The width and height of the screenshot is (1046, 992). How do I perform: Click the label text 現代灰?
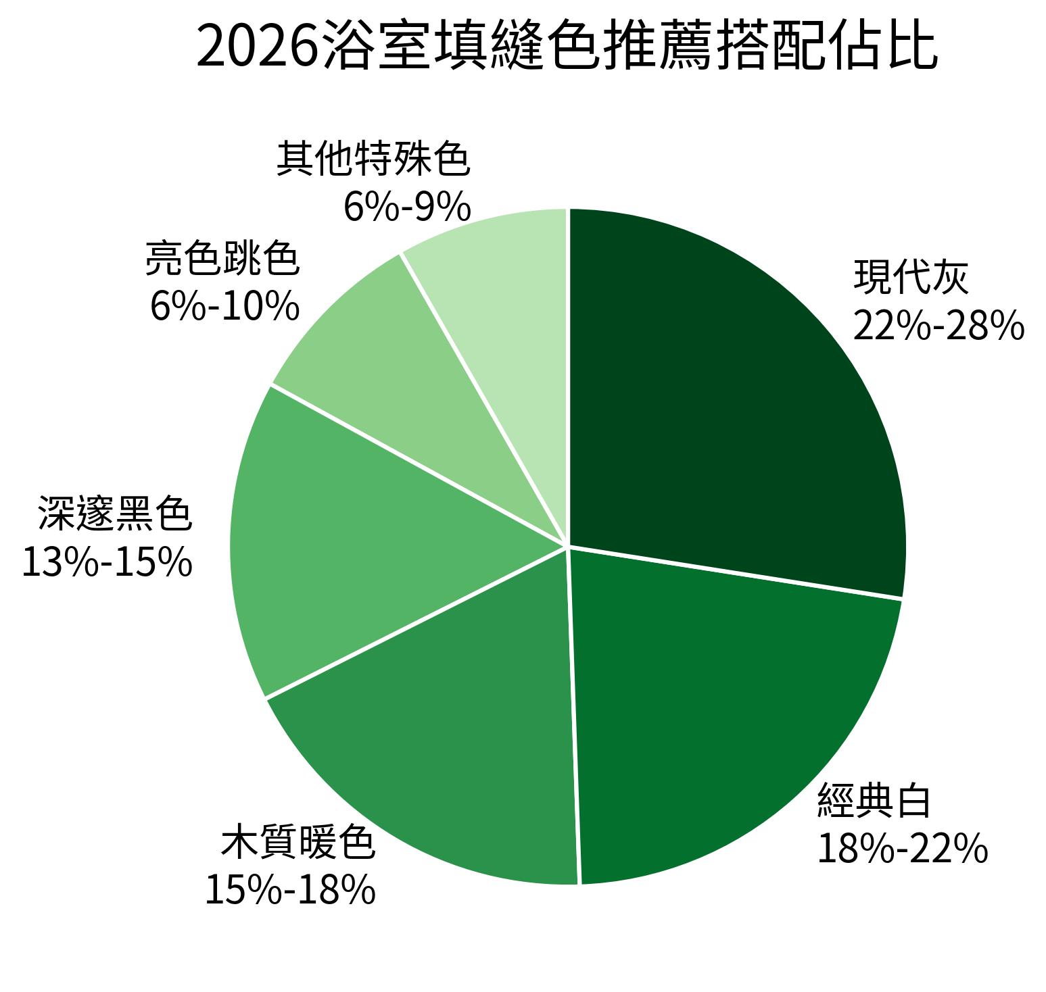pyautogui.click(x=911, y=277)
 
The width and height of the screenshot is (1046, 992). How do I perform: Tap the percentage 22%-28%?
pyautogui.click(x=938, y=326)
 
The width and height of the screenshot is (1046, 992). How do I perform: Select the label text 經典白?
pyautogui.click(x=874, y=800)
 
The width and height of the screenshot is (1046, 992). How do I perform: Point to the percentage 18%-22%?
pyautogui.click(x=903, y=849)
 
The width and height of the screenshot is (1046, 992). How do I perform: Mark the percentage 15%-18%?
pyautogui.click(x=290, y=889)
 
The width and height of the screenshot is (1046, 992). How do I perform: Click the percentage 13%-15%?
pyautogui.click(x=108, y=562)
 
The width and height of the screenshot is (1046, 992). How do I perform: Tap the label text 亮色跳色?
pyautogui.click(x=222, y=258)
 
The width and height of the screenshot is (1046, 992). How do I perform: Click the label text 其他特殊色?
pyautogui.click(x=373, y=159)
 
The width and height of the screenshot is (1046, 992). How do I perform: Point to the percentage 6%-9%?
pyautogui.click(x=407, y=207)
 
